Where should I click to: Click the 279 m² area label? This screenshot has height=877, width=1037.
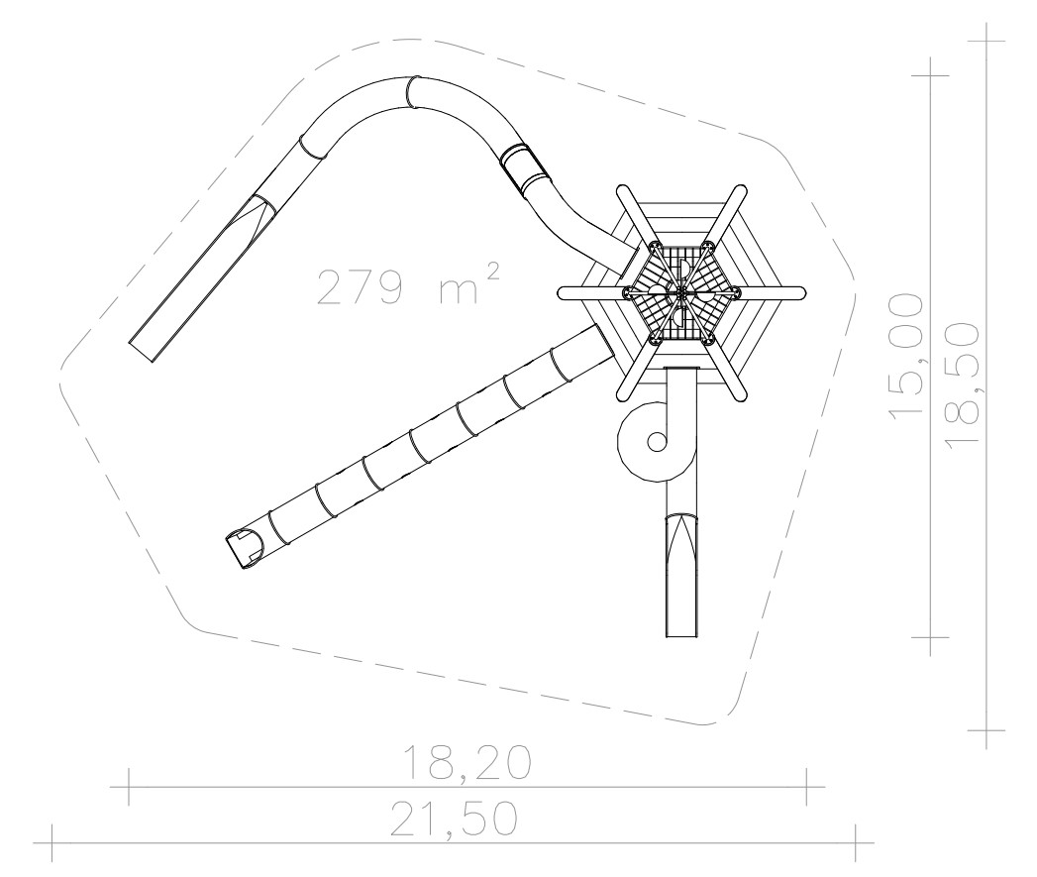coord(407,285)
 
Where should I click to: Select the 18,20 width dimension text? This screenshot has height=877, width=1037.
coord(467,762)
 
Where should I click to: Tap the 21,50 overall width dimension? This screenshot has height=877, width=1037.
coord(454,820)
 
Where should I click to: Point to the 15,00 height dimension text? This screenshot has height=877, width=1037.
coord(905,356)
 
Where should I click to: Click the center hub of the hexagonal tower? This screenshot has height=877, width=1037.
coord(681,292)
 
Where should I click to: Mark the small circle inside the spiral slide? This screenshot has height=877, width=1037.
coord(657,441)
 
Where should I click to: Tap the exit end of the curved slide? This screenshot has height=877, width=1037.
coord(141,351)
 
